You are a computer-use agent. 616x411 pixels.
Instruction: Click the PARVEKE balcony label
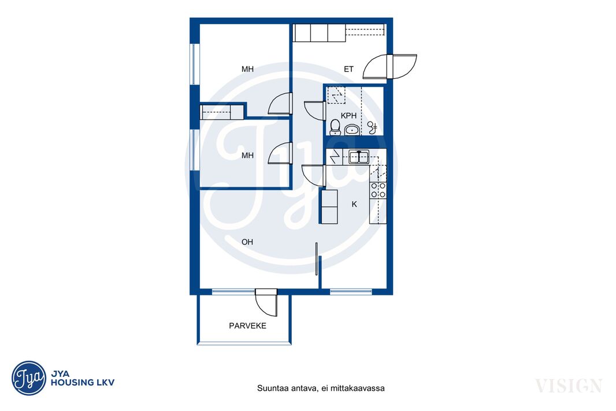tap(247, 325)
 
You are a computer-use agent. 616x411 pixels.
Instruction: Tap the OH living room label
tap(247, 242)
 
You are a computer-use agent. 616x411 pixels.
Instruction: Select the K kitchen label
tap(354, 204)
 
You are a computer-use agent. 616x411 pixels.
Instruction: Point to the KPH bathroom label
tap(349, 116)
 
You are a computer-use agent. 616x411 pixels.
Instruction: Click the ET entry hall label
tap(349, 69)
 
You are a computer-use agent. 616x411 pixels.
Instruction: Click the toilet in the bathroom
tap(335, 127)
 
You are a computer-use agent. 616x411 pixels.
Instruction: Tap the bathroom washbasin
tap(351, 129)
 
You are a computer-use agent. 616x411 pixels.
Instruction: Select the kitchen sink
tap(359, 157)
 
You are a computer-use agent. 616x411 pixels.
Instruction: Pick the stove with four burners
tap(378, 191)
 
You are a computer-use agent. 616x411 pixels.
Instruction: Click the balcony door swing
tap(266, 302)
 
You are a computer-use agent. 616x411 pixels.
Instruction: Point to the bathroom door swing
tap(314, 110)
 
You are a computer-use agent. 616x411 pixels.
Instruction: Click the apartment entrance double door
tap(389, 66)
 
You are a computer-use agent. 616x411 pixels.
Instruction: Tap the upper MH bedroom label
tap(247, 69)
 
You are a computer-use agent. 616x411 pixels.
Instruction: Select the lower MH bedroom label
tap(247, 155)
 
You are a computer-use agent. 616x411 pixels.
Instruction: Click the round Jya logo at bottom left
tap(29, 378)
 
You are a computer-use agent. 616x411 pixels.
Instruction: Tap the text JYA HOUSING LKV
tap(83, 378)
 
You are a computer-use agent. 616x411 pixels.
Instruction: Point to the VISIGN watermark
tap(569, 386)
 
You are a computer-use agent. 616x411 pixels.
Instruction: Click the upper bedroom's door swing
tap(280, 103)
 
